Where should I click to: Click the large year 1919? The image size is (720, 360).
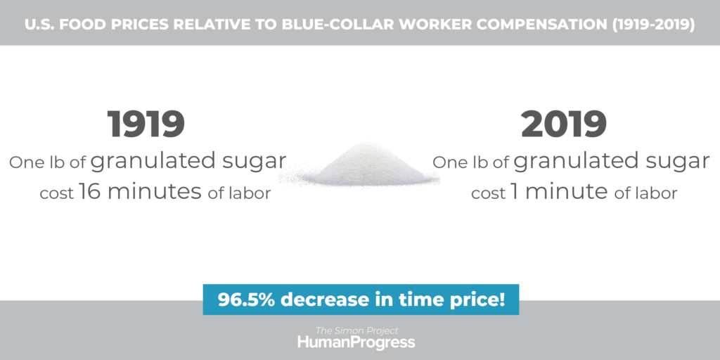(x=146, y=124)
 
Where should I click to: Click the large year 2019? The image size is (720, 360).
(x=564, y=124)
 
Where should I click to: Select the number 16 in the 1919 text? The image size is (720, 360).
(x=90, y=191)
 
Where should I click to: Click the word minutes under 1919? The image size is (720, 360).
(x=155, y=191)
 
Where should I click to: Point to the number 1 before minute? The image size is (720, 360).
(x=514, y=191)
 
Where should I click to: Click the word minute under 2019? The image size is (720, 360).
(x=567, y=191)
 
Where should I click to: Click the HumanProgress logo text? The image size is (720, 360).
(x=356, y=342)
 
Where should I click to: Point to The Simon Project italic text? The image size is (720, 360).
(x=356, y=330)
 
